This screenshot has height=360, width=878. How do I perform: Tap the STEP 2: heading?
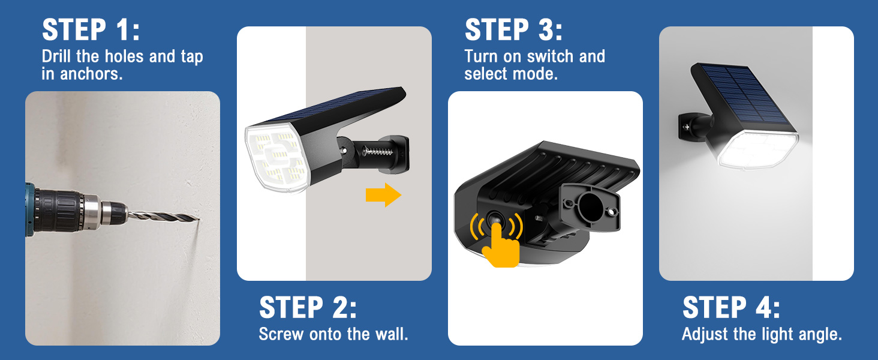pyautogui.click(x=308, y=308)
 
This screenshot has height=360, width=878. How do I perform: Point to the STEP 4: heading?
pyautogui.click(x=731, y=308)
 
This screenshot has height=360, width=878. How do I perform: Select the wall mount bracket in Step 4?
pyautogui.click(x=688, y=124)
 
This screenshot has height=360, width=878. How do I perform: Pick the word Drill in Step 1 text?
pyautogui.click(x=58, y=57)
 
